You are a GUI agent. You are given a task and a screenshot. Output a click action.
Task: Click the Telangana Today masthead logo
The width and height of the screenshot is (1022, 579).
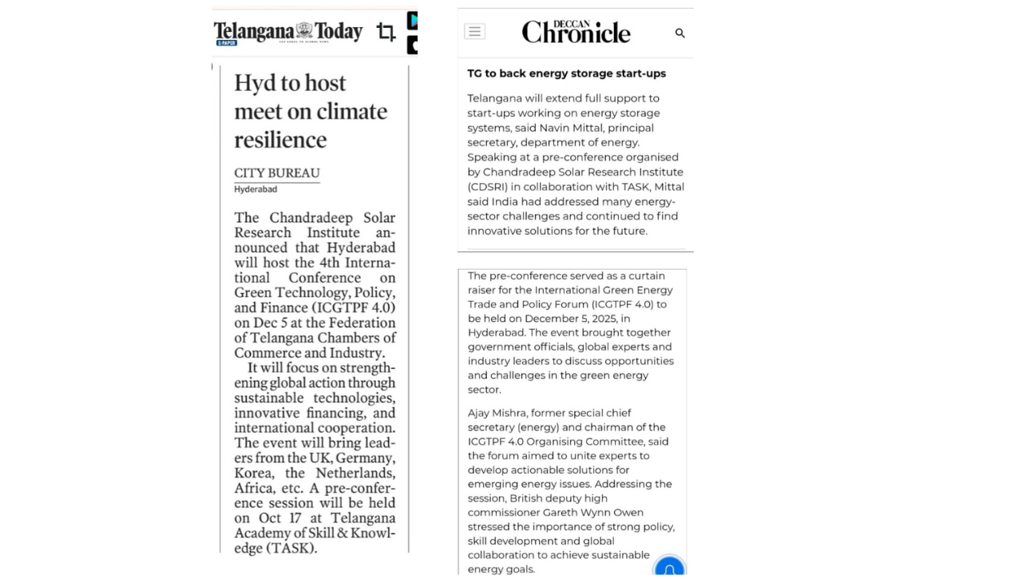point(287,32)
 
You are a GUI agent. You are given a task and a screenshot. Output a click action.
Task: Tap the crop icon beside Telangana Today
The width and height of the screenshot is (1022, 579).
point(386,32)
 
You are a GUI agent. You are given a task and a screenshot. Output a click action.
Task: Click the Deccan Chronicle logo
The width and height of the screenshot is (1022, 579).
point(576,32)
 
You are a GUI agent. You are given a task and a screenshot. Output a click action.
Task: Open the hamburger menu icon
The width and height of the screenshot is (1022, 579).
point(474,32)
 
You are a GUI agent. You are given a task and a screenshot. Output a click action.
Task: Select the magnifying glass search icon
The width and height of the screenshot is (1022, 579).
point(680,33)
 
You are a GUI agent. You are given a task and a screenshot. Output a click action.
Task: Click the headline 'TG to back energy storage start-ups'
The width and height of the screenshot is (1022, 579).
point(566,73)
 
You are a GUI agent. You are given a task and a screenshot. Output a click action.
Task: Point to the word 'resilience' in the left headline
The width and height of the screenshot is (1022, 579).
point(280,140)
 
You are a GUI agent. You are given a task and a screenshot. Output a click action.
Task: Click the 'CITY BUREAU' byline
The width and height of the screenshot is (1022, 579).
point(276,173)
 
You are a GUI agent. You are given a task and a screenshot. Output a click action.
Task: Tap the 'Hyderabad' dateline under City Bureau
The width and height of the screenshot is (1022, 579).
point(255,189)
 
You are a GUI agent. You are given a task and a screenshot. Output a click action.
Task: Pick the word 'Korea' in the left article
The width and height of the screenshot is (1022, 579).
point(253,474)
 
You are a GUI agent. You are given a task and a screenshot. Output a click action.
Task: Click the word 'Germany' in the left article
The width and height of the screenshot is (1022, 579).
point(365,458)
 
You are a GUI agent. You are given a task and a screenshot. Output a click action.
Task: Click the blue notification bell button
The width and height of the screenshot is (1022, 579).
point(669,568)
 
